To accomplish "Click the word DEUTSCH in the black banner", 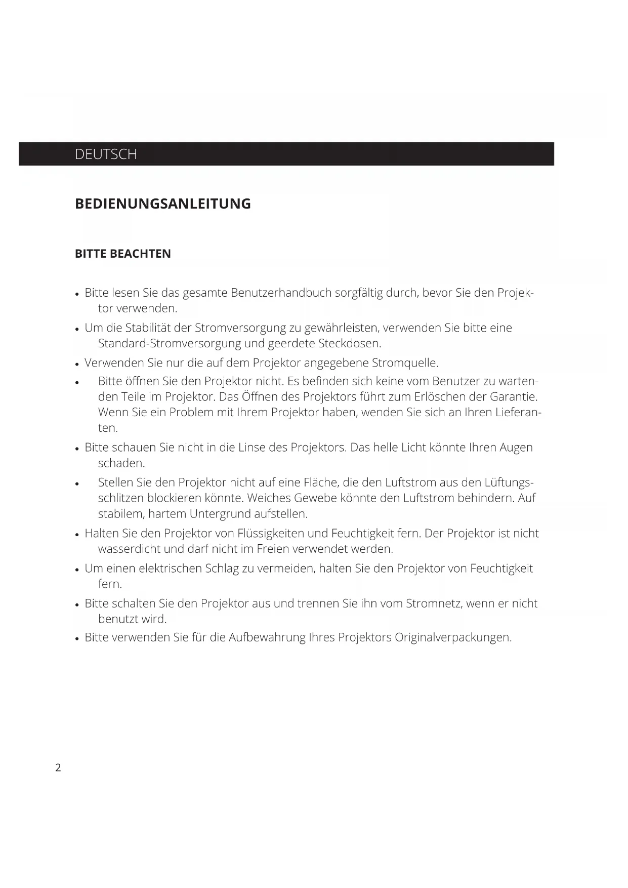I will (106, 154).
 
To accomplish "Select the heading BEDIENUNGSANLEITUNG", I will (162, 204).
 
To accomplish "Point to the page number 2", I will (58, 768).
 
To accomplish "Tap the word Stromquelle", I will (405, 363).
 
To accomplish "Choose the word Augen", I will (516, 448).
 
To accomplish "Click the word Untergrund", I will (220, 514).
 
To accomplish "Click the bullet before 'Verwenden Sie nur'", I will (77, 364).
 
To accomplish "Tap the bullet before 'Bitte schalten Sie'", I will (77, 604).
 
